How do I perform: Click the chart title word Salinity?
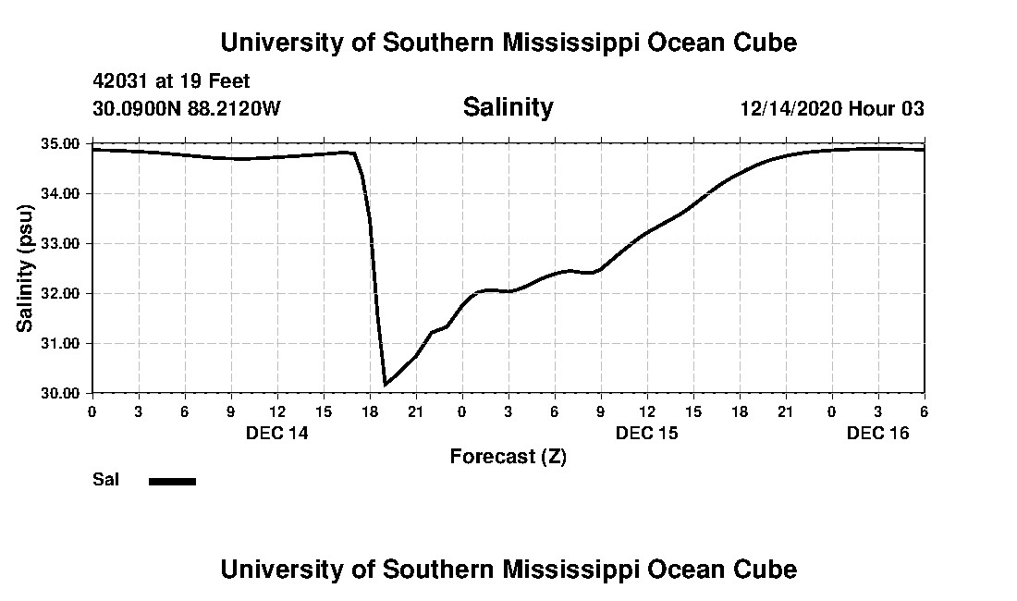508,107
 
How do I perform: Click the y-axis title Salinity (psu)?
26,268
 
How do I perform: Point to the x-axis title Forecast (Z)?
508,456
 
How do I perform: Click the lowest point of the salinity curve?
385,384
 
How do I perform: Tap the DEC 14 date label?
277,433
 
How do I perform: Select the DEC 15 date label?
647,433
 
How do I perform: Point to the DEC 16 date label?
878,433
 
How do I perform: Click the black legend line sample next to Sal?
172,481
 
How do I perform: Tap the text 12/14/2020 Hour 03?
832,109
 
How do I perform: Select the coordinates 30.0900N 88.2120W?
186,109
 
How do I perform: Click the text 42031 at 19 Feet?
171,82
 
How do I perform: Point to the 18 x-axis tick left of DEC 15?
370,411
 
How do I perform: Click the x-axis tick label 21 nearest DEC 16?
786,411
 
